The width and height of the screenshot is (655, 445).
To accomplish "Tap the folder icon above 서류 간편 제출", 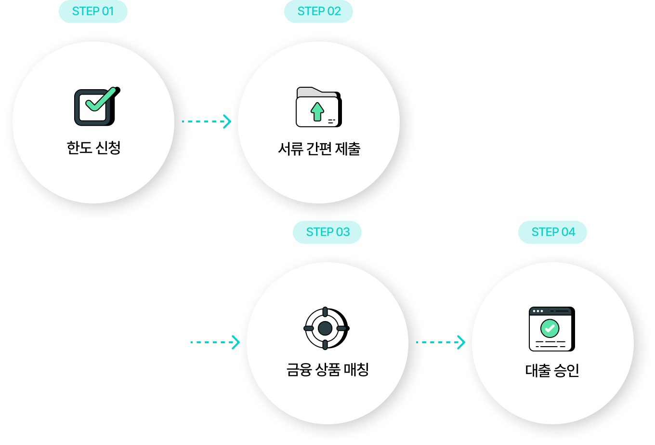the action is coord(318,108).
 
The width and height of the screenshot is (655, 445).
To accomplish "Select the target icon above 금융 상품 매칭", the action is coord(326,328).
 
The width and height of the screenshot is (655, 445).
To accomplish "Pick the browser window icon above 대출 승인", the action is coord(552,329).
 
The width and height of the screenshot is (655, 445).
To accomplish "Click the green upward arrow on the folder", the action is coord(317,111).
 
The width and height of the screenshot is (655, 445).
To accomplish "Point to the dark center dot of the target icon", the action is coord(325,328).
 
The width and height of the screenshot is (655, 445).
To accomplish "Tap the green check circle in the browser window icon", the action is coord(550,328).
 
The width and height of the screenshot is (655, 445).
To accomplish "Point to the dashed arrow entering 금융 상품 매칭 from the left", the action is coord(215,342).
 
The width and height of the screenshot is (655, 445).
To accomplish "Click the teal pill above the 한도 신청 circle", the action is coord(93,12).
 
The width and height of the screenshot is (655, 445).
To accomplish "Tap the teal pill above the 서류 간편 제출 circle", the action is coord(318,12).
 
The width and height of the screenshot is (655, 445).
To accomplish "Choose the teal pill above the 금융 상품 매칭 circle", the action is coord(327,232).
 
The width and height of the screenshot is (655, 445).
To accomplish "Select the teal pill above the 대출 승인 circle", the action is coord(552,232).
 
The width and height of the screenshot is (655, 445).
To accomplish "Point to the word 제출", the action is coord(350,148).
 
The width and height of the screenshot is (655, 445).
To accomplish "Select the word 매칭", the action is coord(358,370).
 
